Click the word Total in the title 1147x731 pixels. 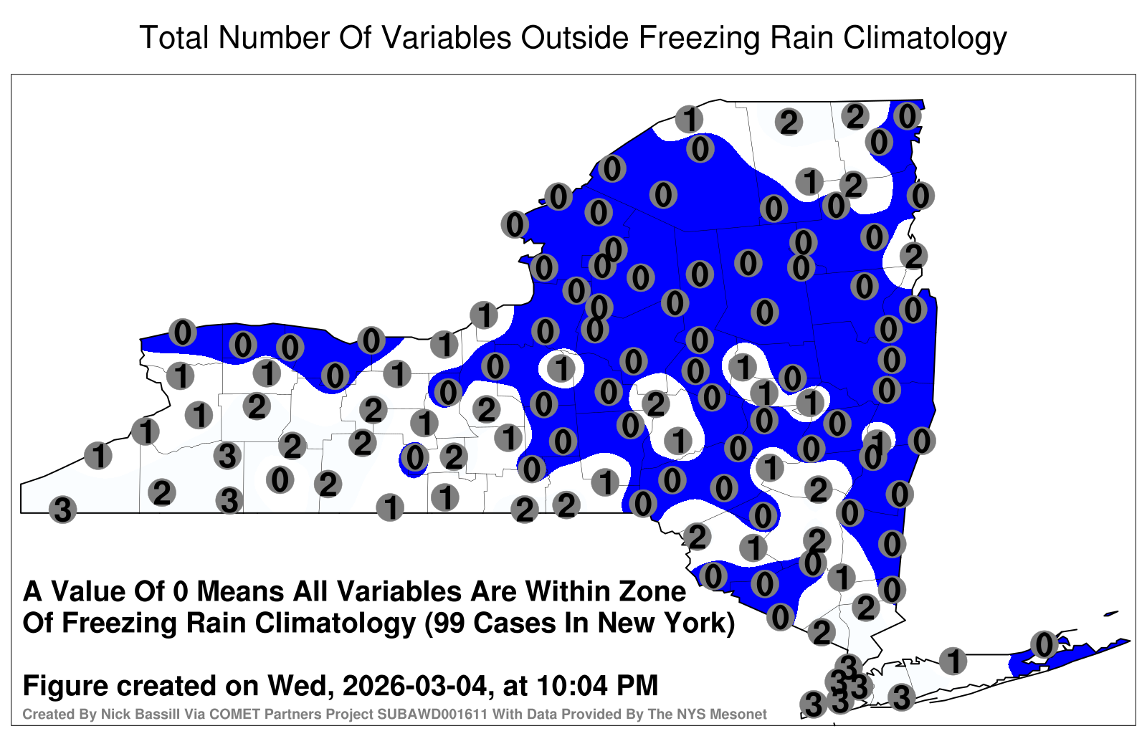coord(174,37)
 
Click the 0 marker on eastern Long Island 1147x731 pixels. coord(1044,644)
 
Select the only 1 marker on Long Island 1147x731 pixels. coord(953,661)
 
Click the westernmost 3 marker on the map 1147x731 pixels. coord(62,510)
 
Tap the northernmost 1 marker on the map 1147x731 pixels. coord(689,119)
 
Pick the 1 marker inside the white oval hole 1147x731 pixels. coord(561,368)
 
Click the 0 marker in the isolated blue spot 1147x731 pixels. coord(414,458)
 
